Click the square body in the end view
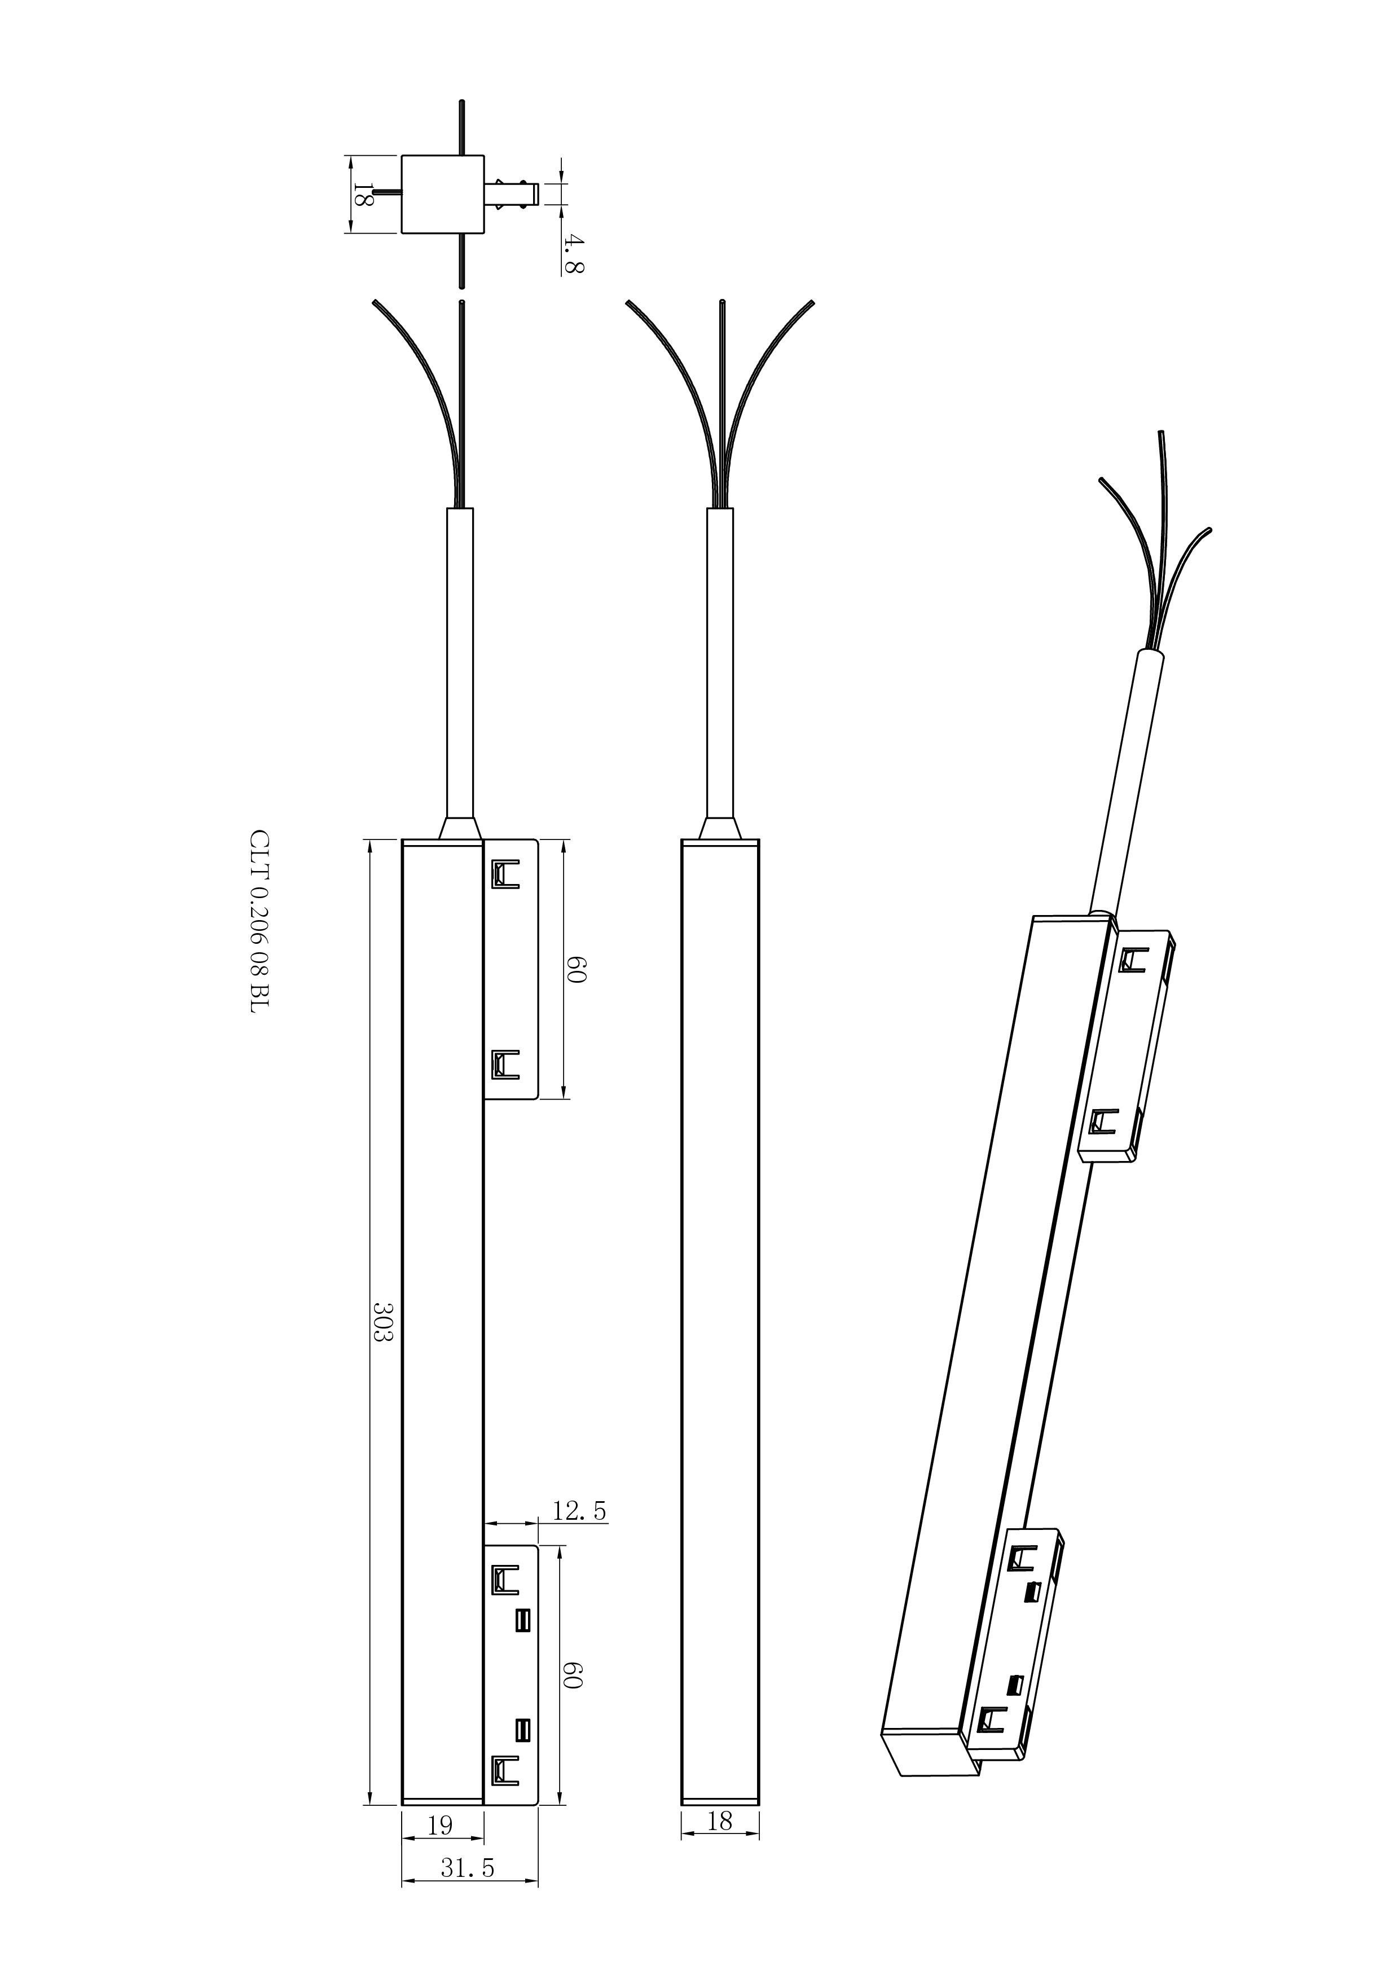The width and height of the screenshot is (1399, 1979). [x=442, y=194]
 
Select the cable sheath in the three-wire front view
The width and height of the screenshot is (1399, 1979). [x=720, y=663]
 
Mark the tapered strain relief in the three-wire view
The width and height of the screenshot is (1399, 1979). [x=720, y=829]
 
